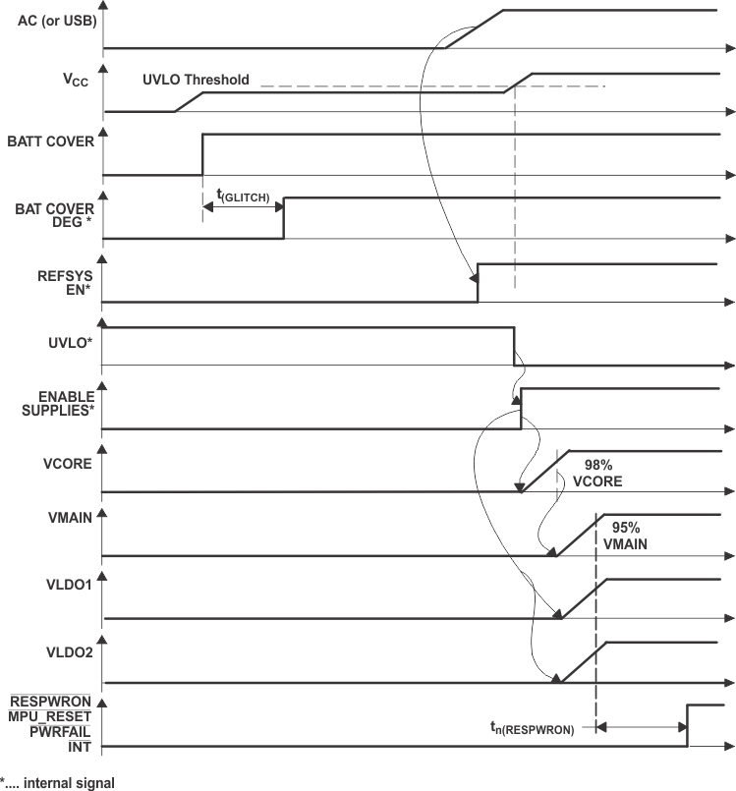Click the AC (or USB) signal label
pyautogui.click(x=56, y=21)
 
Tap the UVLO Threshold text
pyautogui.click(x=196, y=80)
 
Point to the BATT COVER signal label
pyautogui.click(x=56, y=141)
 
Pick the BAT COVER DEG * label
pyautogui.click(x=55, y=215)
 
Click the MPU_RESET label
pyautogui.click(x=51, y=716)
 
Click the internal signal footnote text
pyautogui.click(x=57, y=783)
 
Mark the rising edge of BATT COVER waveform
pyautogui.click(x=202, y=154)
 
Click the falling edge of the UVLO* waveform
pyautogui.click(x=514, y=346)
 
